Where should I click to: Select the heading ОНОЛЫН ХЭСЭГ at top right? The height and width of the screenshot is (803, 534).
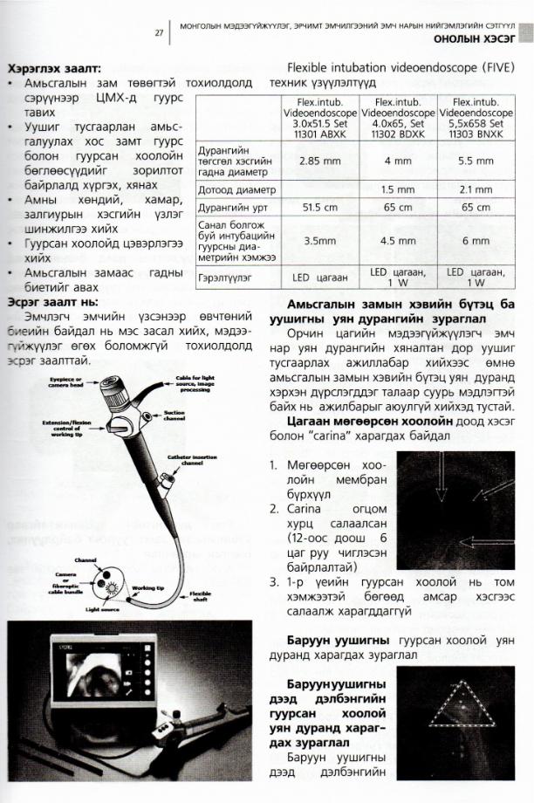click(x=475, y=38)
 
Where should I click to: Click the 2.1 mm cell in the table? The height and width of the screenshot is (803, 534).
click(x=476, y=189)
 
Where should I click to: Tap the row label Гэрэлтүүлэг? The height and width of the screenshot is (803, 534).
click(x=230, y=276)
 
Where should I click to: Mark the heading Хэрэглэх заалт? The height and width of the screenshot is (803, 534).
click(x=53, y=67)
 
